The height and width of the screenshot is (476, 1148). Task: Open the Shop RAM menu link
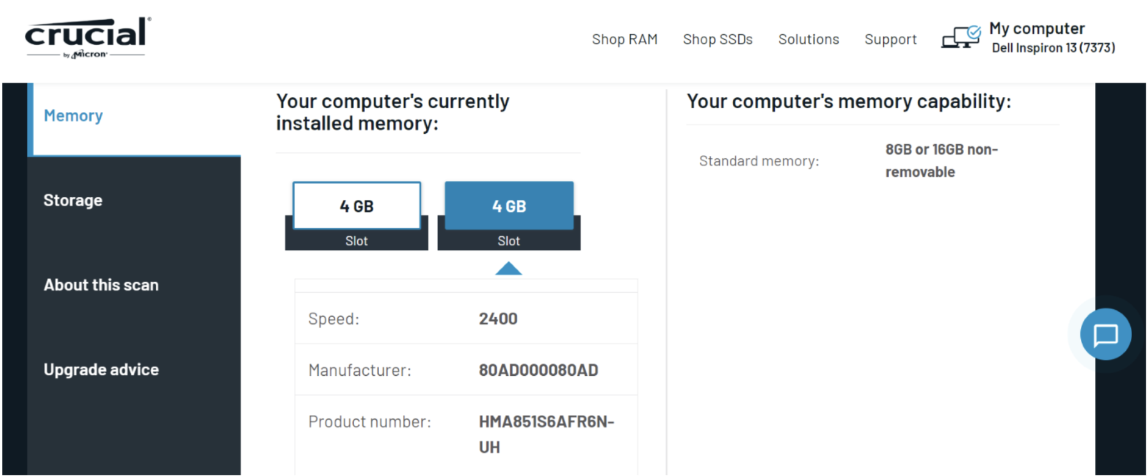click(624, 40)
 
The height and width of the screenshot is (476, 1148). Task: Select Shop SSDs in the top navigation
click(718, 40)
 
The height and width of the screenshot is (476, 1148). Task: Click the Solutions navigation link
click(808, 40)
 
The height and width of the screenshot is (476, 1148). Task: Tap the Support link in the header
click(890, 40)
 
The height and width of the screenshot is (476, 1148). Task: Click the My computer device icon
click(961, 37)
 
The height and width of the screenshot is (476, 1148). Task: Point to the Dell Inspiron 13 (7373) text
click(1053, 48)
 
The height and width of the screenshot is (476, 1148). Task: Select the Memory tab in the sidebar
click(73, 116)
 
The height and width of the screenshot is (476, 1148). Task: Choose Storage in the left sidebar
click(73, 200)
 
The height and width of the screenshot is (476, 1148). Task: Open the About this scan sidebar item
click(101, 285)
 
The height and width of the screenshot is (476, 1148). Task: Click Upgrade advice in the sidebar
click(101, 370)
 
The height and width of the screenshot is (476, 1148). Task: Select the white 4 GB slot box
click(357, 206)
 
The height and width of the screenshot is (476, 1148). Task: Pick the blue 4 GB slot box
click(509, 206)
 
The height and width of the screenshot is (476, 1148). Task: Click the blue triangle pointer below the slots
click(509, 269)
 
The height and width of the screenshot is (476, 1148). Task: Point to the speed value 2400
click(498, 319)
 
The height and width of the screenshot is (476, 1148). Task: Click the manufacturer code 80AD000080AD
click(538, 370)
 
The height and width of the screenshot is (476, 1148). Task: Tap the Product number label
click(369, 422)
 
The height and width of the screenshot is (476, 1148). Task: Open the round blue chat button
click(1105, 334)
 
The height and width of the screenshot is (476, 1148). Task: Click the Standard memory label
click(759, 161)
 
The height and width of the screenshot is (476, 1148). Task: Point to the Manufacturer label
click(360, 370)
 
